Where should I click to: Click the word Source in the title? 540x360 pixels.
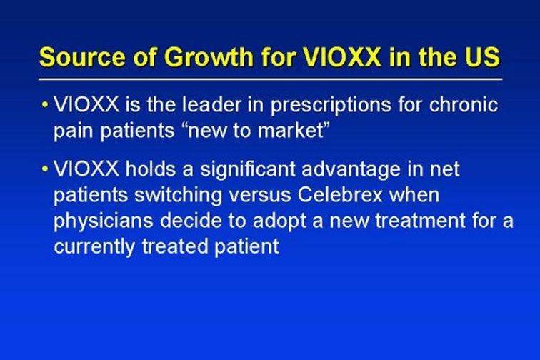point(82,56)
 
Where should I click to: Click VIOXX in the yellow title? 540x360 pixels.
point(342,56)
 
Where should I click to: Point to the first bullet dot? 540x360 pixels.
point(44,104)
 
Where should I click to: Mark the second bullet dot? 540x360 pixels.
point(44,169)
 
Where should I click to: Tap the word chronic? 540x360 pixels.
point(463,104)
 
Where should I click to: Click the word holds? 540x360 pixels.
point(150,169)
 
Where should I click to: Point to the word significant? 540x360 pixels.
point(248,171)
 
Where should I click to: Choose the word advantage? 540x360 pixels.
point(351,171)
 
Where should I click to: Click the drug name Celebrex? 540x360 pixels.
point(340,194)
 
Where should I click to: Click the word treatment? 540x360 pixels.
point(420,221)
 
